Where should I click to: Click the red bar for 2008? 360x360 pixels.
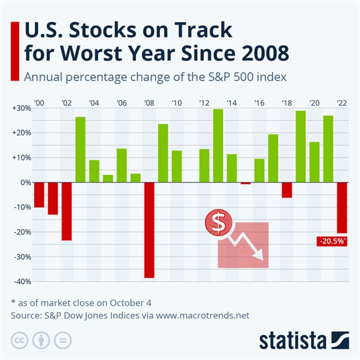(149, 230)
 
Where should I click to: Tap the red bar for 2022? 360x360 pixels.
(342, 208)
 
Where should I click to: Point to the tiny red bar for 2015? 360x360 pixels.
(245, 183)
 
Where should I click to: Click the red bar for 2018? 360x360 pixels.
(287, 190)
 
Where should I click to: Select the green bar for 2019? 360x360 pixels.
(300, 147)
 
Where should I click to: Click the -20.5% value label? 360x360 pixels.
(332, 241)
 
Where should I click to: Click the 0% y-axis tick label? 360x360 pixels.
(25, 183)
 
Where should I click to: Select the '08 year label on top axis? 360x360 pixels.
(149, 103)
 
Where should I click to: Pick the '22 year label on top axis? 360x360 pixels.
(342, 103)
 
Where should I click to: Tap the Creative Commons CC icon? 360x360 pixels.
(21, 340)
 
